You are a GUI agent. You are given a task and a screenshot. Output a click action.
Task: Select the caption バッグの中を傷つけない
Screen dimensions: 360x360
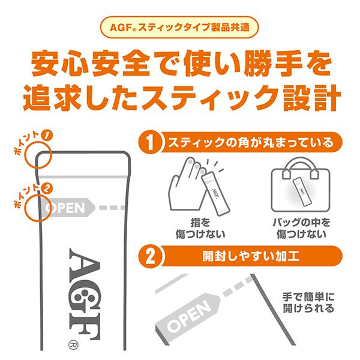(300, 227)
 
